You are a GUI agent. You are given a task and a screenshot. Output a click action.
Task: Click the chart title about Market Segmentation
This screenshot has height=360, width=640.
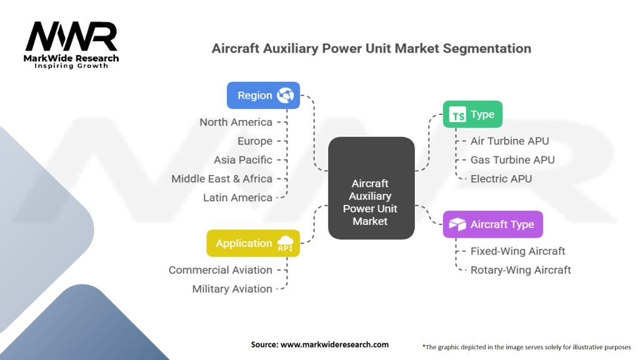[x=371, y=48]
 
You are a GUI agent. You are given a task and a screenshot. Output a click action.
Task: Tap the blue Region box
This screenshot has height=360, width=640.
[x=262, y=96]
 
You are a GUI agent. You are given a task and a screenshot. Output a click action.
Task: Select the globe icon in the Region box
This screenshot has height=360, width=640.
[x=286, y=96]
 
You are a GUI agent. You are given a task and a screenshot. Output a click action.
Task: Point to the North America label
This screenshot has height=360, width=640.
[x=236, y=122]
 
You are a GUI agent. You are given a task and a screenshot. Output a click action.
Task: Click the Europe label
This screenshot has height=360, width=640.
[x=254, y=141]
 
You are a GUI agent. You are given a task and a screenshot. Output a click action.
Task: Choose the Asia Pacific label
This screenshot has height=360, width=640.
[x=242, y=160]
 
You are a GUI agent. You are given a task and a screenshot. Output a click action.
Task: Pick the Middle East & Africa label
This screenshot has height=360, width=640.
[x=222, y=179]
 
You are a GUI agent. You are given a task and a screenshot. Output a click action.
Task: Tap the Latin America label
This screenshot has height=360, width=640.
[x=237, y=197]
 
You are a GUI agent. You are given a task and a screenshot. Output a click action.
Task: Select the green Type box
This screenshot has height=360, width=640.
[x=472, y=114]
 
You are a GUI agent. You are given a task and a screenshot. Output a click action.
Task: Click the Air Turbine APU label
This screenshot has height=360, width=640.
[x=509, y=141]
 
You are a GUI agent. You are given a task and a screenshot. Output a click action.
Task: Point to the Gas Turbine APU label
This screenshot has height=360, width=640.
[x=512, y=159]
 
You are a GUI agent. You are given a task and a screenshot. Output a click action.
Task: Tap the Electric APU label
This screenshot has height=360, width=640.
[x=501, y=178]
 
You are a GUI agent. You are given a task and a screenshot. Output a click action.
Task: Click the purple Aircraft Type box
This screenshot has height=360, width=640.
[x=492, y=224]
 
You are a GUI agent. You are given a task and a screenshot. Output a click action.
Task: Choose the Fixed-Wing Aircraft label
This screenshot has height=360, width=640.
[x=517, y=251]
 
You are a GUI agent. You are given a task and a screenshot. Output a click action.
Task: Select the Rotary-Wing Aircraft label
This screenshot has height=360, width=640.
[x=521, y=270]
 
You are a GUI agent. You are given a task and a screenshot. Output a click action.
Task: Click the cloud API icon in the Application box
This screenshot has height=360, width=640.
[x=285, y=244]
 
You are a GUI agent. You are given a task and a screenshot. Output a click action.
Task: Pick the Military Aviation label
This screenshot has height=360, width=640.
[x=232, y=289]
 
